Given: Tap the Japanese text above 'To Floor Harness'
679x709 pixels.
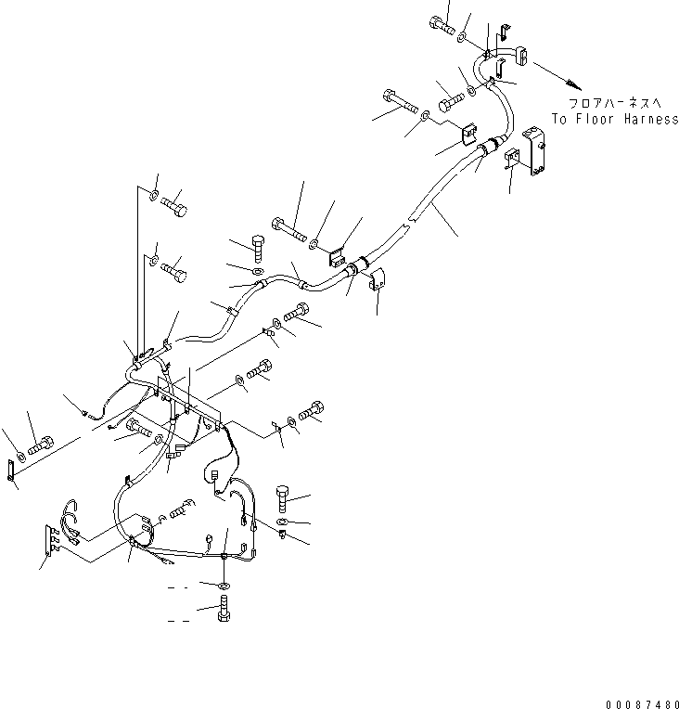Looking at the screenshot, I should coord(615,104).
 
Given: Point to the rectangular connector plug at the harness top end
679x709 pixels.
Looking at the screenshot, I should coord(519,58).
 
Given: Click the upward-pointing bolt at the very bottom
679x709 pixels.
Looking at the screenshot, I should coord(224,612).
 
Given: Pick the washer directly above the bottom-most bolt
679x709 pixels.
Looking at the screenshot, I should coord(225,587).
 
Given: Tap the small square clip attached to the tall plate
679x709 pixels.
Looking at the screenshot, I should coord(511,161).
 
